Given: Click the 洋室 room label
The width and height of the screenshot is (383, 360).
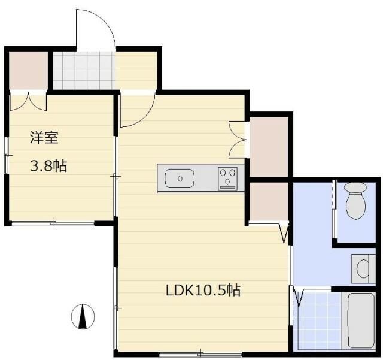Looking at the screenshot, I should (x=44, y=137).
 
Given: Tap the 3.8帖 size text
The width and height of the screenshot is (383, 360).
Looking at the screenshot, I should (x=48, y=166).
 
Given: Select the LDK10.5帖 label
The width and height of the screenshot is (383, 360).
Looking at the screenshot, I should (x=203, y=291).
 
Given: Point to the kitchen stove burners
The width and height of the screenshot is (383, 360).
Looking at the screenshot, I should (x=228, y=178).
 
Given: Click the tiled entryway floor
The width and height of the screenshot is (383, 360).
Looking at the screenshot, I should (x=84, y=69).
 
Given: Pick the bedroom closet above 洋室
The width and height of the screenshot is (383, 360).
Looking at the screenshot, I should (x=28, y=69).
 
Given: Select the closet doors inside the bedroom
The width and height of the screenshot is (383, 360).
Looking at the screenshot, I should (x=28, y=101).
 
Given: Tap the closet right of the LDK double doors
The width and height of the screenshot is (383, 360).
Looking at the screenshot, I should (x=269, y=146).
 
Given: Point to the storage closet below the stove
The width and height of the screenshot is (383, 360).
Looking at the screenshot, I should (x=269, y=201).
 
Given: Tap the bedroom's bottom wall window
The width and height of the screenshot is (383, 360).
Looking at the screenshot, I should (x=53, y=223).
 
